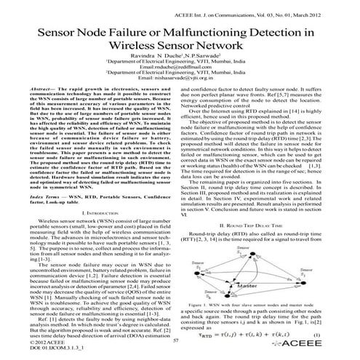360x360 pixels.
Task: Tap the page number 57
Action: pyautogui.click(x=175, y=339)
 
